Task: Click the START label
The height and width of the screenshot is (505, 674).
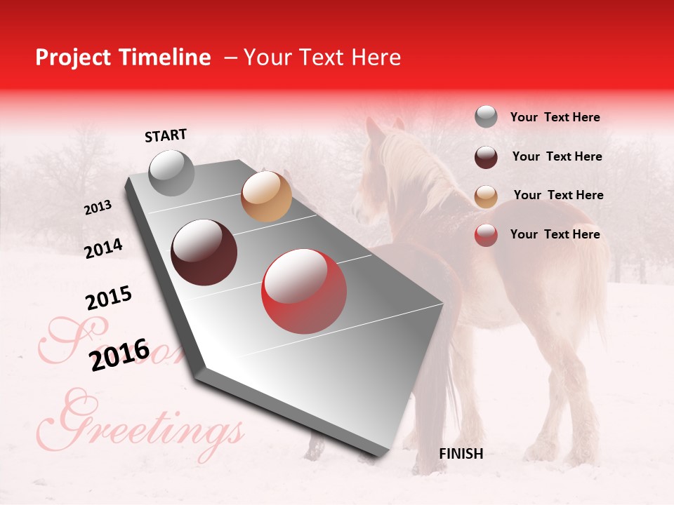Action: pyautogui.click(x=166, y=135)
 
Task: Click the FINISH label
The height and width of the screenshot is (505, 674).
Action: pyautogui.click(x=461, y=454)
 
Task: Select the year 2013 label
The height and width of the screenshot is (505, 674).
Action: pyautogui.click(x=98, y=208)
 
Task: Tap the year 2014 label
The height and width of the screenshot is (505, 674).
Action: pyautogui.click(x=103, y=248)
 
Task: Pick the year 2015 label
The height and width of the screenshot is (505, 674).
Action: pyautogui.click(x=109, y=298)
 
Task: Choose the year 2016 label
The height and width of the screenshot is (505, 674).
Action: pyautogui.click(x=120, y=353)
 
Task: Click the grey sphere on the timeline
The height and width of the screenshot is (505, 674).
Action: pyautogui.click(x=171, y=173)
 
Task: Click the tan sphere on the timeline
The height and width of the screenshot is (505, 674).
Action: pyautogui.click(x=266, y=196)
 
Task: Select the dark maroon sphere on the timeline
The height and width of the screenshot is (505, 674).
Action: pyautogui.click(x=204, y=252)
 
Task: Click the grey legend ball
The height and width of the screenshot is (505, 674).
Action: pyautogui.click(x=486, y=117)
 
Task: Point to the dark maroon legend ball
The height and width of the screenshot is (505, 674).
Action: pyautogui.click(x=486, y=157)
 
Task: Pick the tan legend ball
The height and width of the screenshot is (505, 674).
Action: pyautogui.click(x=486, y=196)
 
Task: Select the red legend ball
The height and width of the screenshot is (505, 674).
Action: pyautogui.click(x=486, y=235)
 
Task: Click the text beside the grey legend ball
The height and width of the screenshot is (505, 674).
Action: pyautogui.click(x=555, y=117)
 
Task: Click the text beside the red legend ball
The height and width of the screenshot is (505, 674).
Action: pyautogui.click(x=555, y=234)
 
